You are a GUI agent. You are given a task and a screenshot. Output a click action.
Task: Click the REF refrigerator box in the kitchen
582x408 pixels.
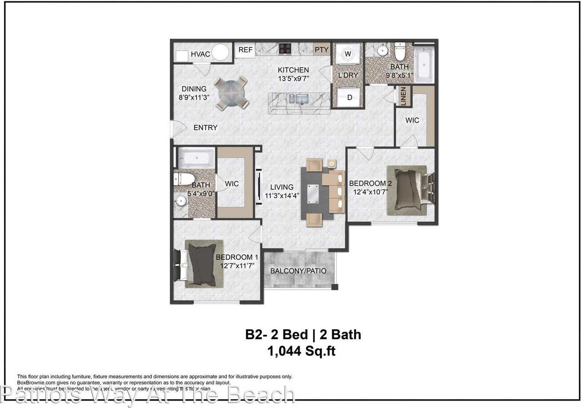pyautogui.click(x=246, y=50)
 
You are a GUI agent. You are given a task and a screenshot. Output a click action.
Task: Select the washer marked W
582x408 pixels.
pyautogui.click(x=348, y=54)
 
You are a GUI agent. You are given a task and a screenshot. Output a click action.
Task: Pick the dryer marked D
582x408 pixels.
pyautogui.click(x=350, y=97)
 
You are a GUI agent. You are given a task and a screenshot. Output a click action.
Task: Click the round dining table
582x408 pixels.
pyautogui.click(x=231, y=93)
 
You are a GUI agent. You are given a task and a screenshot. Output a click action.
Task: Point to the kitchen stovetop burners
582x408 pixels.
pyautogui.click(x=285, y=48)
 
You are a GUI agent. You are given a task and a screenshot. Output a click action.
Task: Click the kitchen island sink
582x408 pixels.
pyautogui.click(x=301, y=99)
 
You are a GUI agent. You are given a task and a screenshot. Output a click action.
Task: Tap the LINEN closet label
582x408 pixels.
pyautogui.click(x=403, y=96)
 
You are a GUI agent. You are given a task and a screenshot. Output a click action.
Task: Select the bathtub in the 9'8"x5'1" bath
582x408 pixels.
pyautogui.click(x=424, y=64)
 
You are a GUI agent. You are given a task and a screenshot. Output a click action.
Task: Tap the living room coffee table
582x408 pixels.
pyautogui.click(x=313, y=194)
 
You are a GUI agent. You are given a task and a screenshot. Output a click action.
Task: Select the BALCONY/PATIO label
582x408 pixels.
pyautogui.click(x=298, y=271)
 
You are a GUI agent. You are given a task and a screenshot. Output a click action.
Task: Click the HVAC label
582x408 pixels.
pyautogui.click(x=200, y=55)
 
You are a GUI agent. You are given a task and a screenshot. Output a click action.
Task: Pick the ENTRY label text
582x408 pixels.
pyautogui.click(x=206, y=128)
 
